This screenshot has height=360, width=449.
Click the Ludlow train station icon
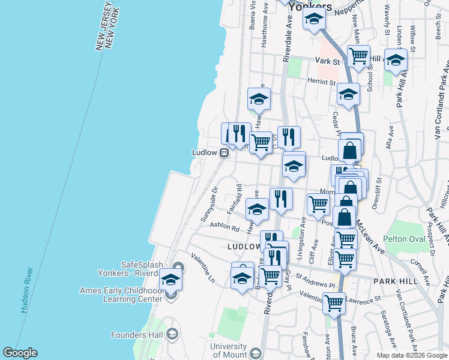pyautogui.click(x=223, y=152)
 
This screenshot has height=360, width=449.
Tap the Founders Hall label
pyautogui.click(x=138, y=334)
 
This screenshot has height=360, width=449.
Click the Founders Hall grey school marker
pyautogui.click(x=172, y=334)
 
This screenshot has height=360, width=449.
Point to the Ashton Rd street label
pyautogui.click(x=224, y=227)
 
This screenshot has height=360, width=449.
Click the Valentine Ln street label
pyautogui.click(x=202, y=268)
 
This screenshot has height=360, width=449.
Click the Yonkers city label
pyautogui.click(x=310, y=7)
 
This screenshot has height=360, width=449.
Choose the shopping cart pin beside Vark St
pyautogui.click(x=358, y=57)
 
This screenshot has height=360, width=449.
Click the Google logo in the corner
pyautogui.click(x=20, y=353)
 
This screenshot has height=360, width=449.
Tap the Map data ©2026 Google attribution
pyautogui.click(x=411, y=355)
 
